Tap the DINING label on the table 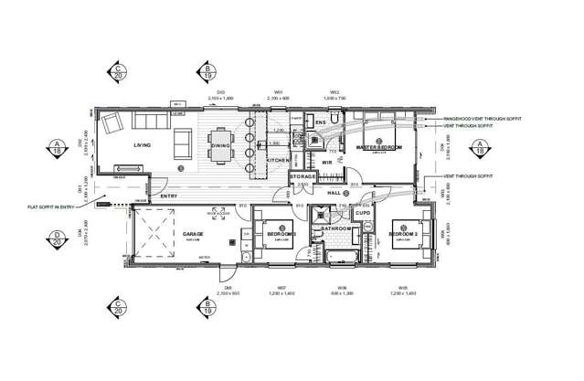(x=220, y=146)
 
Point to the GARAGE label (x=193, y=235)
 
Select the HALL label (x=335, y=192)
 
